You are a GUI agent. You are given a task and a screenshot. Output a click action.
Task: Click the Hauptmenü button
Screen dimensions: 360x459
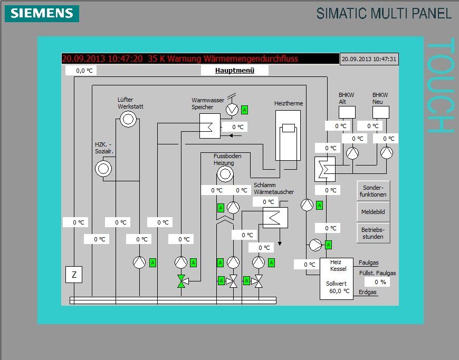coord(234,70)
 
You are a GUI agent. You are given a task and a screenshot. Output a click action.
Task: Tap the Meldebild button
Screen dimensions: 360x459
coord(373,212)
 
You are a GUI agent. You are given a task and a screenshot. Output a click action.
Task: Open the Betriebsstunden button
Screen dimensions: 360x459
coord(373,233)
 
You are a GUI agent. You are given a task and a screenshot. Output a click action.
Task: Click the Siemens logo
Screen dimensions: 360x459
coord(42,13)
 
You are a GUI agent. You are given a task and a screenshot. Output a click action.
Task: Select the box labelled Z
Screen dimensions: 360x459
coord(74,274)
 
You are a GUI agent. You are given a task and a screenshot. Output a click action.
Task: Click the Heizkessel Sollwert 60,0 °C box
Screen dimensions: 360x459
coord(337,279)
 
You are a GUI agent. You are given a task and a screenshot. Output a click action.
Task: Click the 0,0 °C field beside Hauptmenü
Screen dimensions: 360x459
coord(81,70)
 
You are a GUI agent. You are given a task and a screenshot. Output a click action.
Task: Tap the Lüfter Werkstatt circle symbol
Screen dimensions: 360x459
coord(128,120)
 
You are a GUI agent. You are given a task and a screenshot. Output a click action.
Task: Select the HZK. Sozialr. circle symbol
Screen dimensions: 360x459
coord(103,169)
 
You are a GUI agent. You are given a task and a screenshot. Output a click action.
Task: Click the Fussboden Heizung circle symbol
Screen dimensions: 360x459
coord(225,174)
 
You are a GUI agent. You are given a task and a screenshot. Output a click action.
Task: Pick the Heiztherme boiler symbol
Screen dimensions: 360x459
coord(288,135)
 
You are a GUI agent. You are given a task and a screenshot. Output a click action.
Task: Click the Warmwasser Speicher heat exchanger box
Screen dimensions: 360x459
coord(209,126)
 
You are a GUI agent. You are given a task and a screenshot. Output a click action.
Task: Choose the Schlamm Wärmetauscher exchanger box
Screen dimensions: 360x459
coord(275,217)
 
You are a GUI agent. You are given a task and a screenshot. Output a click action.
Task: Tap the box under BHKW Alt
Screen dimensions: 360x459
coord(347,112)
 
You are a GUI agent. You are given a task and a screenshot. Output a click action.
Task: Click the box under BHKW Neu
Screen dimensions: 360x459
coord(380,112)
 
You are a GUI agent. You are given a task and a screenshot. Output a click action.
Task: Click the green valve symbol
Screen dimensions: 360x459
coord(181,281)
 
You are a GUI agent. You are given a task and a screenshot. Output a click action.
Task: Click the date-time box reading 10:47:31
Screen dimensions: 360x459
coord(369,59)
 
